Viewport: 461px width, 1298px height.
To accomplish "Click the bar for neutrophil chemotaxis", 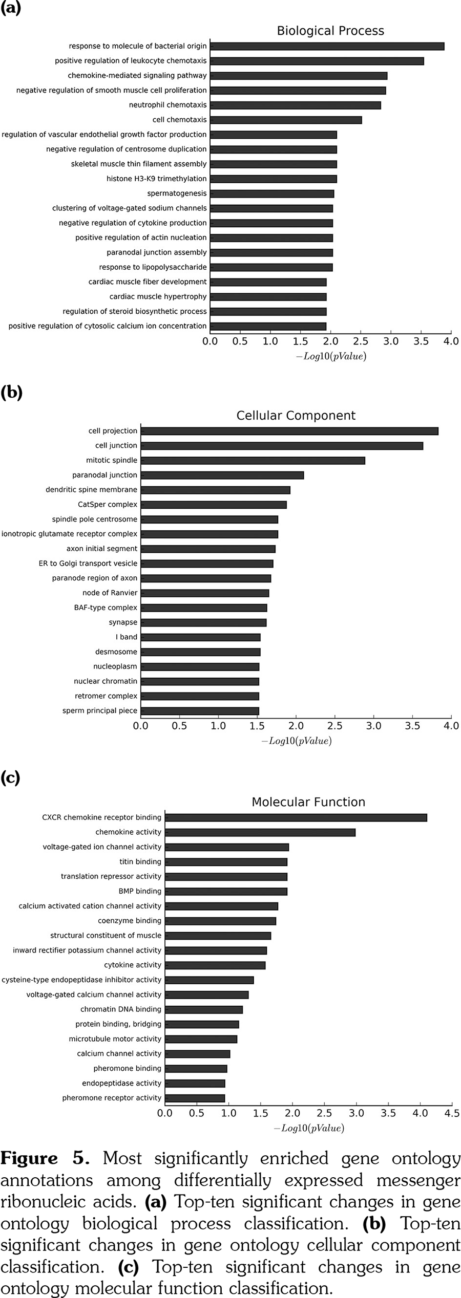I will [x=295, y=105].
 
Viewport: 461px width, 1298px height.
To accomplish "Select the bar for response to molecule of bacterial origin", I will [x=327, y=46].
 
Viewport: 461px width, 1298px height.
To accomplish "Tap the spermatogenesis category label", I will [x=177, y=193].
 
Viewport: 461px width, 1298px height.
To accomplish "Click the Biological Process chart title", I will [x=330, y=31].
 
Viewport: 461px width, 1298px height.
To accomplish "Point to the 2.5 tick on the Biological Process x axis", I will [x=361, y=341].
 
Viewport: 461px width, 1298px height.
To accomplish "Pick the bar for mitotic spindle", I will [x=253, y=460].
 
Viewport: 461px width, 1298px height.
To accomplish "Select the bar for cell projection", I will [x=289, y=431].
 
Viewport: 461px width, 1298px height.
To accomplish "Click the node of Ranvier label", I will [x=110, y=593].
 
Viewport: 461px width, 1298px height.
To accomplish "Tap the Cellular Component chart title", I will [x=296, y=416].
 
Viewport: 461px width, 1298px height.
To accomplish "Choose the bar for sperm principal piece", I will [x=200, y=710].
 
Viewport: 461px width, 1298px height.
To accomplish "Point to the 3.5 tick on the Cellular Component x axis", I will [x=412, y=726].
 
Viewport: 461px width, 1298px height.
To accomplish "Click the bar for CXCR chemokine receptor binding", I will [x=296, y=817].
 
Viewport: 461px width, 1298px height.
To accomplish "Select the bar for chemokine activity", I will [x=260, y=832].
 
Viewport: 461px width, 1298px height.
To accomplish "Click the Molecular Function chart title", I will [x=308, y=802].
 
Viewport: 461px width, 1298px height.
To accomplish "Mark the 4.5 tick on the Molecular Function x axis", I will [x=452, y=1113].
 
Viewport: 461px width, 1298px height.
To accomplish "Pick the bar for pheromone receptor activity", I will [x=195, y=1097].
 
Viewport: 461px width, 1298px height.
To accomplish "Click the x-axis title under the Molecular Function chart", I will [x=309, y=1128].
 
